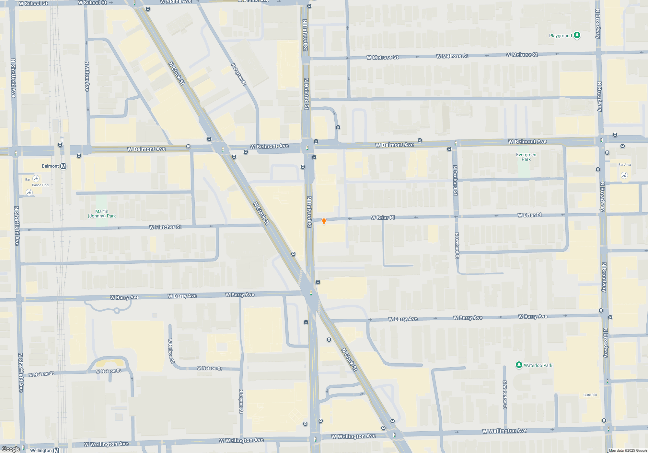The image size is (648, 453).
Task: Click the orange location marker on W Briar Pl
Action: (x=324, y=221)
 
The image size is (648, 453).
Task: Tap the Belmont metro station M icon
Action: (x=64, y=166)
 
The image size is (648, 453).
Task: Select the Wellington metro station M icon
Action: (x=56, y=450)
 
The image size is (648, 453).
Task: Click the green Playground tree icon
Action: (x=577, y=35)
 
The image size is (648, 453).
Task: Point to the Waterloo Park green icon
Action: (x=519, y=365)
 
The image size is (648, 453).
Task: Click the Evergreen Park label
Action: (x=526, y=157)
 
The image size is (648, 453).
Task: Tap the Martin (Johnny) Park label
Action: (x=102, y=214)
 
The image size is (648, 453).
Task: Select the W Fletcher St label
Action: (x=165, y=227)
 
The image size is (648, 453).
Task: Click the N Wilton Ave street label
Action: (x=87, y=76)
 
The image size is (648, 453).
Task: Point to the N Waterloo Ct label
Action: (x=504, y=395)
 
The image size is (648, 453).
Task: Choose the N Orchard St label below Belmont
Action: (x=455, y=181)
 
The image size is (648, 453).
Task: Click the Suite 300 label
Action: (x=590, y=395)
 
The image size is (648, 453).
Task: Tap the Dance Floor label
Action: (x=41, y=185)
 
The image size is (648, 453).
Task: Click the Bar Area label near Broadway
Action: (x=624, y=165)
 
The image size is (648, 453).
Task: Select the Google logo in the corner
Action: (x=11, y=449)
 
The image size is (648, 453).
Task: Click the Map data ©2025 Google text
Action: (x=628, y=450)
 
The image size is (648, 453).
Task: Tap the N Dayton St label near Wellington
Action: (x=241, y=401)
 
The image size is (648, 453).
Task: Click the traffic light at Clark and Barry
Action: (x=311, y=293)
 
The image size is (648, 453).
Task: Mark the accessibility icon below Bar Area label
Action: (x=624, y=175)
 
